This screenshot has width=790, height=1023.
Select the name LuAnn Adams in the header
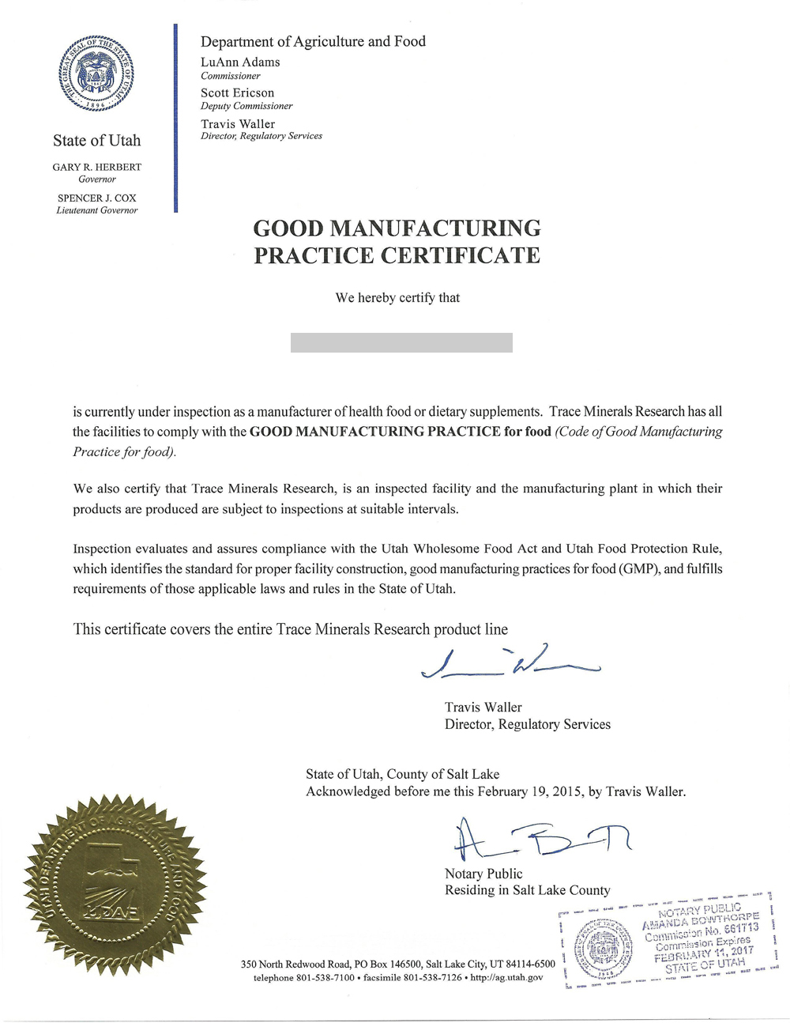pyautogui.click(x=240, y=62)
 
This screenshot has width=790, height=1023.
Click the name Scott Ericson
pyautogui.click(x=237, y=92)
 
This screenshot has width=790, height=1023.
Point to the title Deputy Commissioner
pyautogui.click(x=246, y=106)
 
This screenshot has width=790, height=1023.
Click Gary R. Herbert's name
pyautogui.click(x=97, y=167)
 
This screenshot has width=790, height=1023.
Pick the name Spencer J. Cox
pyautogui.click(x=97, y=198)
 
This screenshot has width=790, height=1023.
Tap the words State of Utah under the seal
pyautogui.click(x=96, y=141)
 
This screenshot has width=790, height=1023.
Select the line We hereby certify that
pyautogui.click(x=397, y=298)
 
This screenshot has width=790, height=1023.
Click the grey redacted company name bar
pyautogui.click(x=401, y=342)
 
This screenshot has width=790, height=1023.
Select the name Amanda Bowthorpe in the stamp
pyautogui.click(x=700, y=921)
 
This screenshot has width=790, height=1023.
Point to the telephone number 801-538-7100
pyautogui.click(x=322, y=978)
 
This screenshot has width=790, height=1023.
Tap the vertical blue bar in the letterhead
pyautogui.click(x=175, y=119)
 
